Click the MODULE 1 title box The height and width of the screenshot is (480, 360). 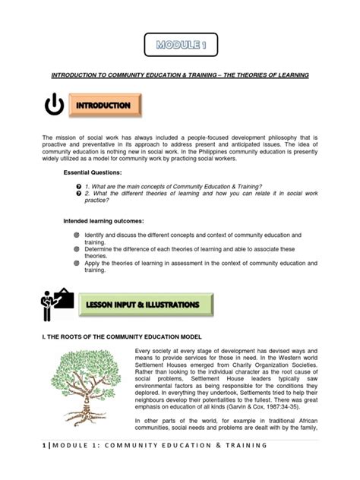180,45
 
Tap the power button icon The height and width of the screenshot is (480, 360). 54,106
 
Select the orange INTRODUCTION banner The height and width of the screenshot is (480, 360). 106,105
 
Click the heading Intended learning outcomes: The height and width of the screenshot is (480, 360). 109,220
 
